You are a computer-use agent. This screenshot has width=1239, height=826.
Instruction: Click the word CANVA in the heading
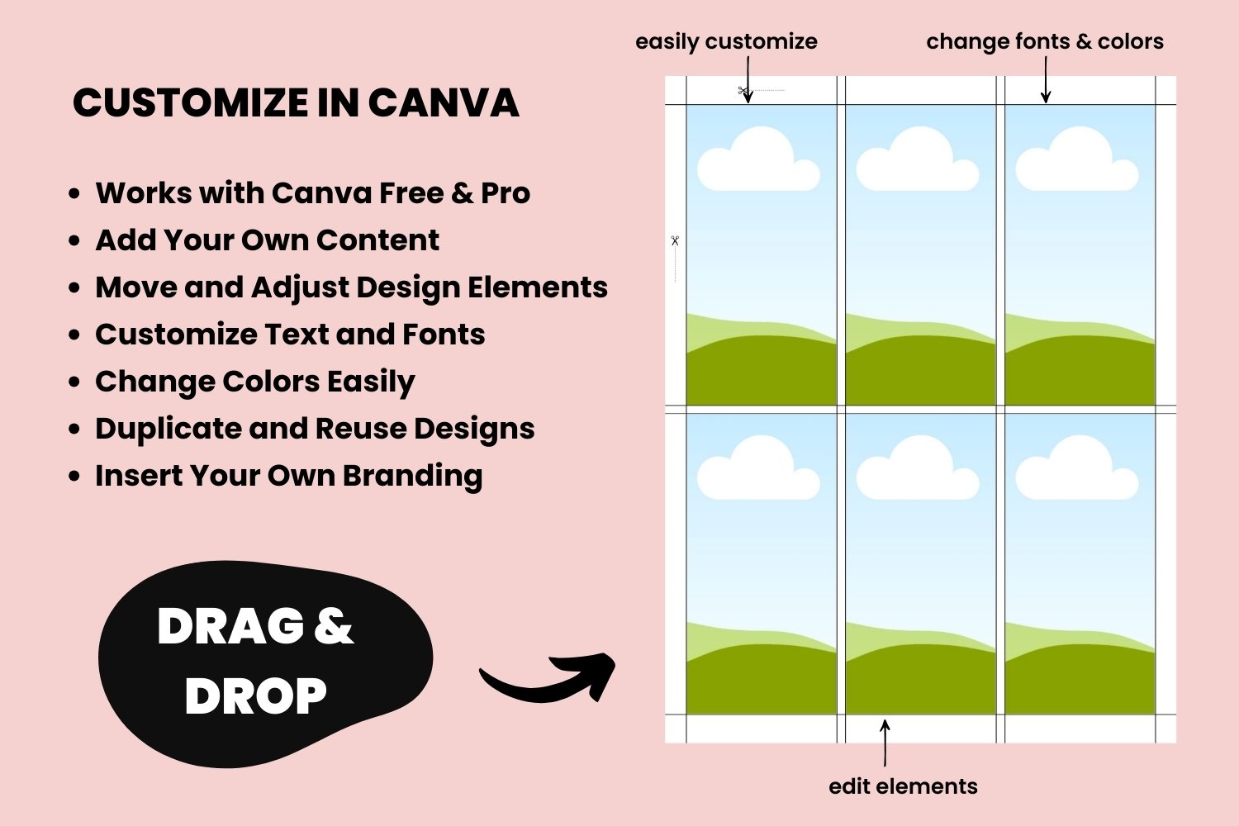tap(443, 103)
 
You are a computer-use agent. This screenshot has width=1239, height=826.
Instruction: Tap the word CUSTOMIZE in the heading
tap(191, 103)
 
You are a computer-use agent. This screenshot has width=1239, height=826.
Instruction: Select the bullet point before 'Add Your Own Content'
tap(74, 241)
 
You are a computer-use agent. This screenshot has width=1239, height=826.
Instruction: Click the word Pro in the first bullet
tap(506, 193)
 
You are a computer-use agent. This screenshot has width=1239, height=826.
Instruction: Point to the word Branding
tap(413, 477)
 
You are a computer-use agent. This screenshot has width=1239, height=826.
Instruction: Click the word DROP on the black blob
tap(255, 695)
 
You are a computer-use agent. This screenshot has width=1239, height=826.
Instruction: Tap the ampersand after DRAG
tap(334, 626)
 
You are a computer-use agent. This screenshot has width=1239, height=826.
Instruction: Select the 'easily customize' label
tap(726, 42)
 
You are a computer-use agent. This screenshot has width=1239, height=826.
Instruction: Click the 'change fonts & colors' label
tap(1045, 41)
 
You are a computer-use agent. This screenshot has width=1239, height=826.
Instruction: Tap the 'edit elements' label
tap(903, 786)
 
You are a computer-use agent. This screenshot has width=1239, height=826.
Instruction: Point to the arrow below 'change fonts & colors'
tap(1046, 80)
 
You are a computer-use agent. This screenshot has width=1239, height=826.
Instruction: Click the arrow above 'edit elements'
tap(885, 743)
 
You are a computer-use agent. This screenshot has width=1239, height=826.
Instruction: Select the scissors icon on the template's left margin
tap(675, 240)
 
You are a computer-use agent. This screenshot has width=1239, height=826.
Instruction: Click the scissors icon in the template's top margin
tap(743, 90)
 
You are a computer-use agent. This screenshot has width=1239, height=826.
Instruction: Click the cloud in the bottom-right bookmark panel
tap(1077, 468)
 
